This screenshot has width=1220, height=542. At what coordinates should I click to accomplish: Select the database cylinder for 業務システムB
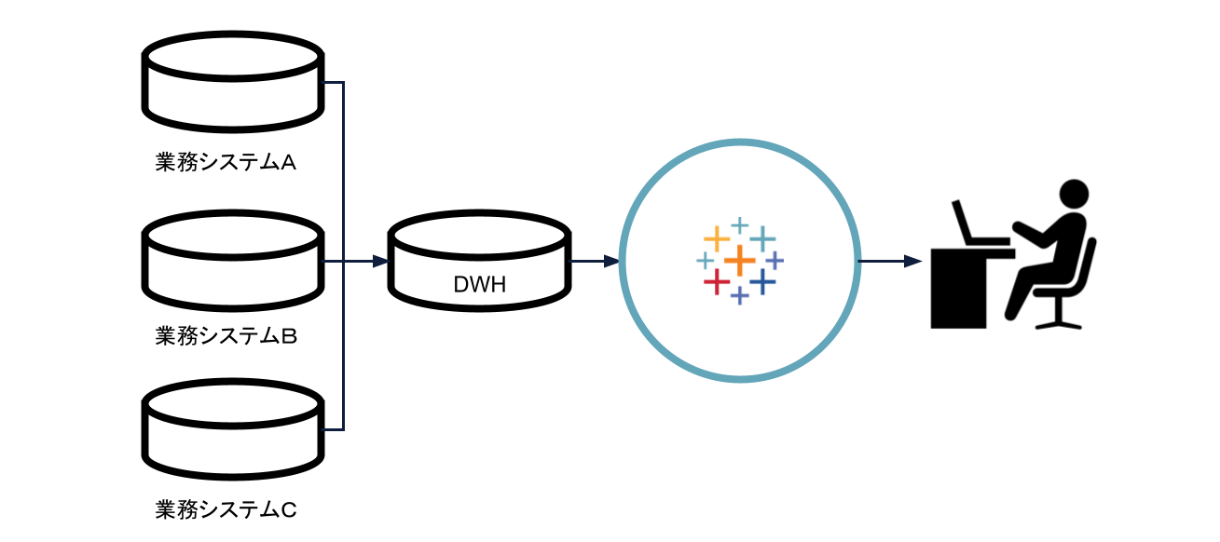point(232,261)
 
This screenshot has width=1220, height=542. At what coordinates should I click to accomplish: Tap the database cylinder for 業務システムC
point(232,429)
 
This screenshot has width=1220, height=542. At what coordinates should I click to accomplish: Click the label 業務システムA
point(226,163)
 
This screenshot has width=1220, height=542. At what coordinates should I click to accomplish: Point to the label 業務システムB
point(226,336)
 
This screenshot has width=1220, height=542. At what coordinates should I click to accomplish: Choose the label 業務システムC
point(226,509)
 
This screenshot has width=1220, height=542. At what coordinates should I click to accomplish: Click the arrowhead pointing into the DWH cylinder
point(379,262)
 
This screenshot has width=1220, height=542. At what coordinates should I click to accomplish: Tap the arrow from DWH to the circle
point(596,262)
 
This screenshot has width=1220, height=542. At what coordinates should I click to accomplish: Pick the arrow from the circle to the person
point(890,262)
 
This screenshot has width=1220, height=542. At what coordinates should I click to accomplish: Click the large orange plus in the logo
point(739,260)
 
